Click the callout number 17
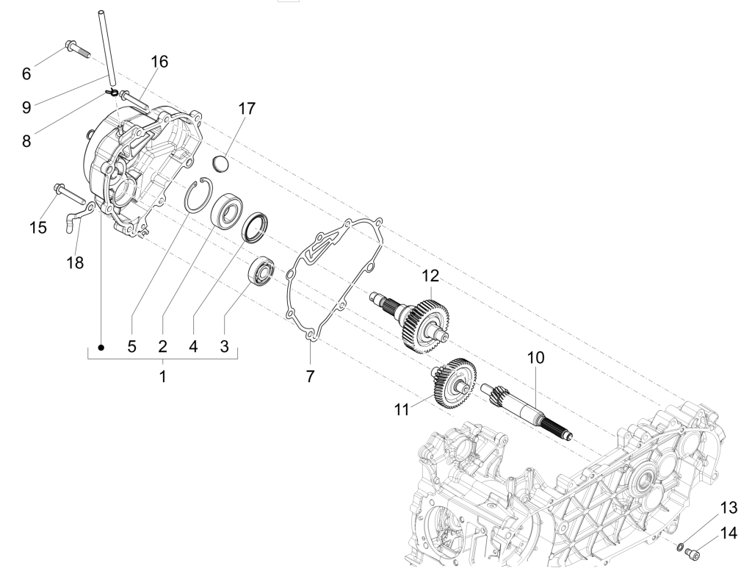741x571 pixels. (247, 109)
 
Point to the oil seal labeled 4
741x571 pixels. (256, 226)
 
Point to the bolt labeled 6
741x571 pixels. (76, 49)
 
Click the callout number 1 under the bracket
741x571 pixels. (162, 377)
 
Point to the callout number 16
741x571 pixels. (159, 62)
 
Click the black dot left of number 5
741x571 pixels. (101, 345)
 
